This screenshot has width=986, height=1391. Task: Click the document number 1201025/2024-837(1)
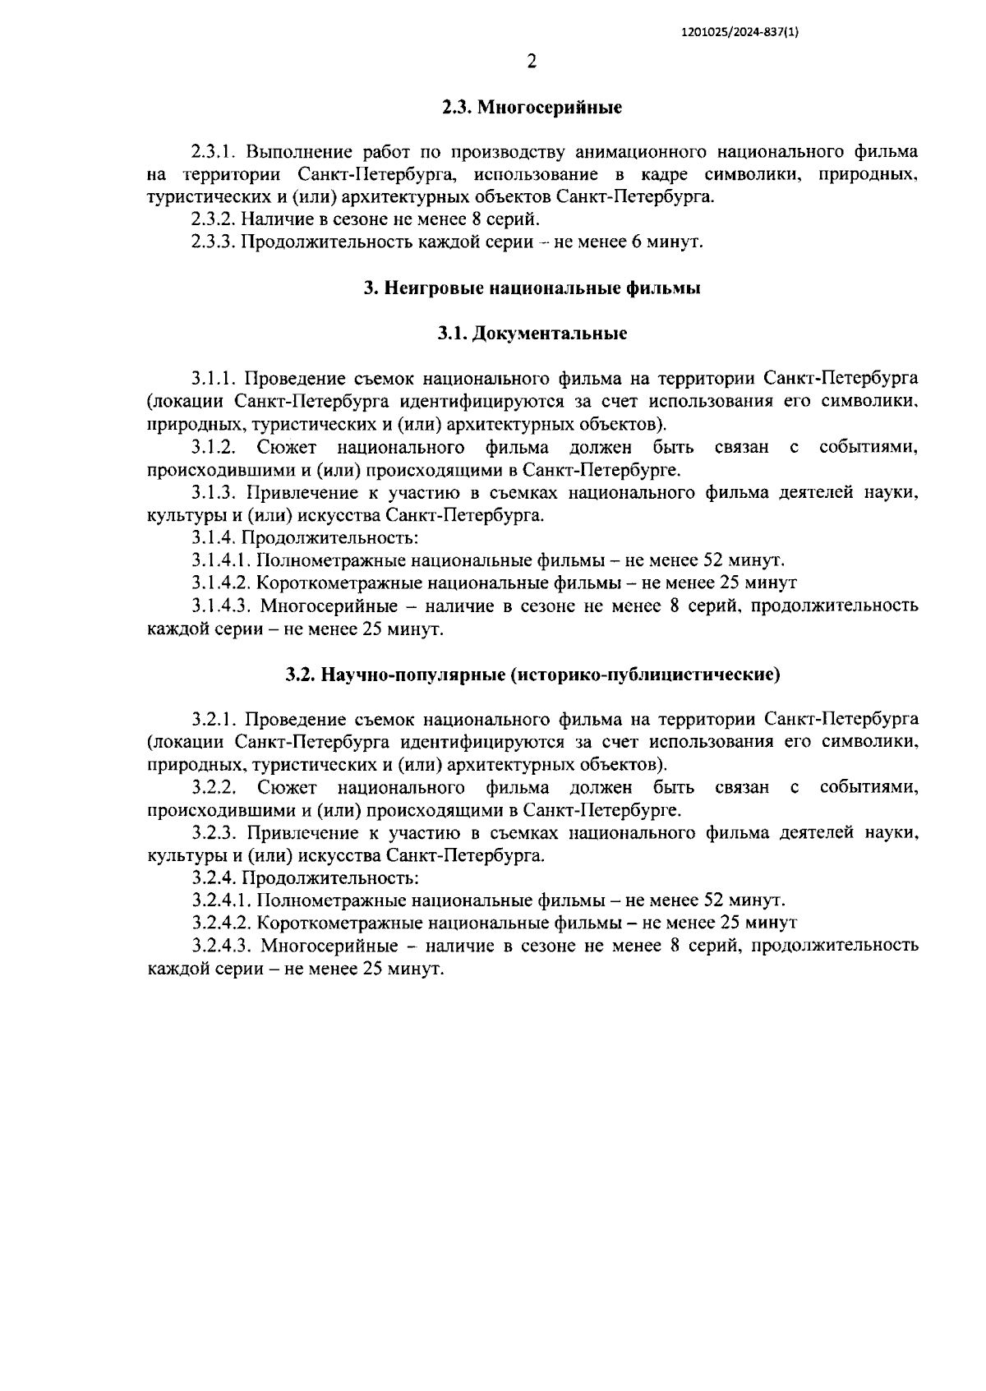click(740, 32)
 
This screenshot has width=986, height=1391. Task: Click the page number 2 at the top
click(532, 62)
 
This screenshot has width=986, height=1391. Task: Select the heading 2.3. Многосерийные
click(532, 108)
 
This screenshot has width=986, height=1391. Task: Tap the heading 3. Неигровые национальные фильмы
click(532, 288)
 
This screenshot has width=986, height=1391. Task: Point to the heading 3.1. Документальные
click(532, 334)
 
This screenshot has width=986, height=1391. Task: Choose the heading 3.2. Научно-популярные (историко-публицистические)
click(532, 675)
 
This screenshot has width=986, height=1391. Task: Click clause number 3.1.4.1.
click(221, 560)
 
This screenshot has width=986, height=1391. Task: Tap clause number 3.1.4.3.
click(221, 606)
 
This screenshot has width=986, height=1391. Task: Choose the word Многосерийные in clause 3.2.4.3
click(329, 946)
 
